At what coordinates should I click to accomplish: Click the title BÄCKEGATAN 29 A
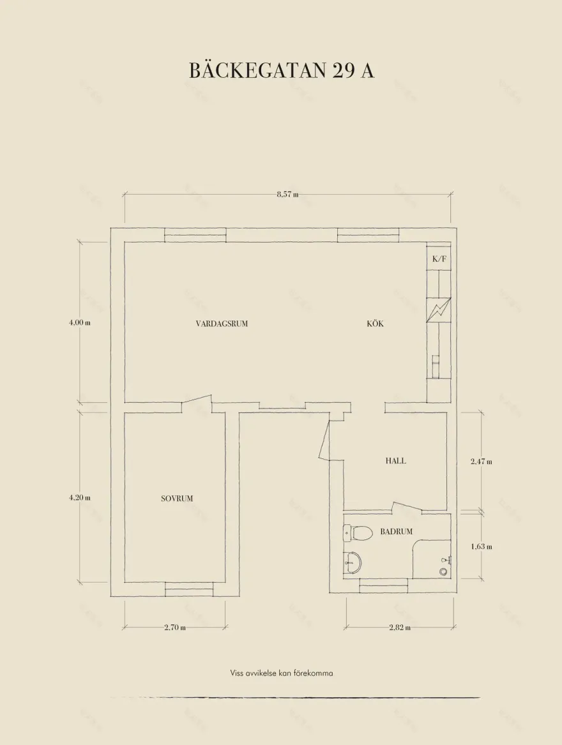click(x=282, y=70)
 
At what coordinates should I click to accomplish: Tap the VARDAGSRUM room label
click(x=222, y=324)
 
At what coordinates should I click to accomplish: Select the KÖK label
click(x=375, y=324)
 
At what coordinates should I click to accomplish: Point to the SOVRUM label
click(x=177, y=499)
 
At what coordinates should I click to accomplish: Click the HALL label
click(x=395, y=460)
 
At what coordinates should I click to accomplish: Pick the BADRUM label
click(x=396, y=532)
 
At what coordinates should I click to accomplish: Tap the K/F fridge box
click(x=439, y=259)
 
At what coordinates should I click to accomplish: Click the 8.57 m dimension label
click(x=287, y=194)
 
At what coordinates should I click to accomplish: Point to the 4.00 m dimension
click(x=80, y=322)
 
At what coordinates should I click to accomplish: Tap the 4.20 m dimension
click(x=80, y=497)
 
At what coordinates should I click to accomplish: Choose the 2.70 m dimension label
click(x=175, y=627)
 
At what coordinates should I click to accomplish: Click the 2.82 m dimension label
click(x=400, y=627)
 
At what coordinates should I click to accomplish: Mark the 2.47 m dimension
click(x=481, y=461)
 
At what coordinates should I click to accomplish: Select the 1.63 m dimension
click(x=481, y=546)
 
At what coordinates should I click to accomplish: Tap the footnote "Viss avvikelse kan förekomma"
click(x=282, y=674)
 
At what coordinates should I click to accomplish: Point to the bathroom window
click(x=384, y=586)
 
